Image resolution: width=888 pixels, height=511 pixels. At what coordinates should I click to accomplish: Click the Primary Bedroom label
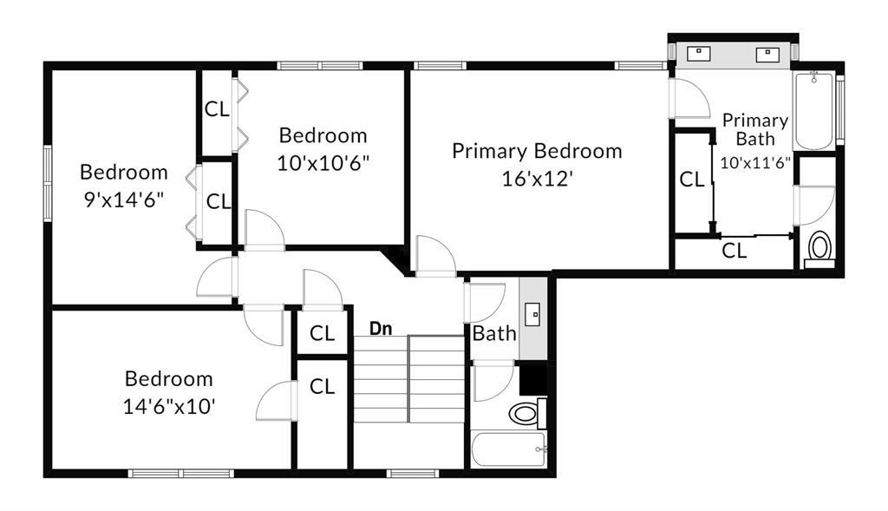click(537, 151)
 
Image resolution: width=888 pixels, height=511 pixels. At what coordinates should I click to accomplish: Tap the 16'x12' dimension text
click(537, 178)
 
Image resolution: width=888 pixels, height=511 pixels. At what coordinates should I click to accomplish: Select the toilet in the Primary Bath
click(819, 248)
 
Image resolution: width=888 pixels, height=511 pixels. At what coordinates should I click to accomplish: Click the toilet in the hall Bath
click(524, 413)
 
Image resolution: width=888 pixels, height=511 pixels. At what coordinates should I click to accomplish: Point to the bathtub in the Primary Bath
click(813, 112)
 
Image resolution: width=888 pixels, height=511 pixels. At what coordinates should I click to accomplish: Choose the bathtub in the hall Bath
click(509, 450)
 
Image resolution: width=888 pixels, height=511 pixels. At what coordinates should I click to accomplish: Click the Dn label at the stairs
click(381, 329)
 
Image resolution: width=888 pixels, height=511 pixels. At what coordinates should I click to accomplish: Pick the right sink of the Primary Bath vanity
click(767, 54)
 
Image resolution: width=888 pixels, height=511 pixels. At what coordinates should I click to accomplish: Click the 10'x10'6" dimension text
click(324, 162)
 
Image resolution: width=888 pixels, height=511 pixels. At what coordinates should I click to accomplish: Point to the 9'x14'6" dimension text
click(123, 198)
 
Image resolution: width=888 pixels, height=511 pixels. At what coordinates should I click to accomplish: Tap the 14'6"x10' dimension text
click(169, 405)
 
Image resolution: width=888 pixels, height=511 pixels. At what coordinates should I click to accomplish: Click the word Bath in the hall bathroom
click(494, 333)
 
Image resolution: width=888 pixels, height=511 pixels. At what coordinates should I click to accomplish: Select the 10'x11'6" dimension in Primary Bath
click(755, 161)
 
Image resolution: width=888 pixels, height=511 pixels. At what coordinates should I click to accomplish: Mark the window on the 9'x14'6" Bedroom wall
click(48, 183)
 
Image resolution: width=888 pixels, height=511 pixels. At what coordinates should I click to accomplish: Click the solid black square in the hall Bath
click(532, 378)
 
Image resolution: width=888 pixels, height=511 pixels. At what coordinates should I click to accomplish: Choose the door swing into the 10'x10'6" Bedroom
click(264, 230)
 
